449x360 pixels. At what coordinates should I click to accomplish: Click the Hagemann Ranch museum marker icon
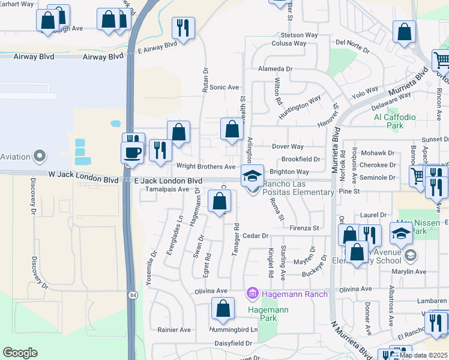click(x=252, y=294)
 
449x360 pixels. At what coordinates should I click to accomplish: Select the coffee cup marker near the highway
click(x=131, y=152)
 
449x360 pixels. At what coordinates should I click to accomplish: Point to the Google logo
click(x=20, y=353)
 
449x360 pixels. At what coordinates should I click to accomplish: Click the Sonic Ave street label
click(x=224, y=88)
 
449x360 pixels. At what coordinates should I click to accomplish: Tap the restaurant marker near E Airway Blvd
click(x=182, y=28)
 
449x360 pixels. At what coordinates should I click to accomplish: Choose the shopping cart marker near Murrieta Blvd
click(x=442, y=59)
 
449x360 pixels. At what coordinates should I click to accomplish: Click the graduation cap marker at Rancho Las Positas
click(x=253, y=175)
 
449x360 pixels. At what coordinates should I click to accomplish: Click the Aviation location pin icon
click(x=40, y=157)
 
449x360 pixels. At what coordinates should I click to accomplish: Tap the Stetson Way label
click(x=298, y=35)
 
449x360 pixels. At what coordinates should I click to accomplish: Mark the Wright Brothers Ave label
click(x=205, y=166)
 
